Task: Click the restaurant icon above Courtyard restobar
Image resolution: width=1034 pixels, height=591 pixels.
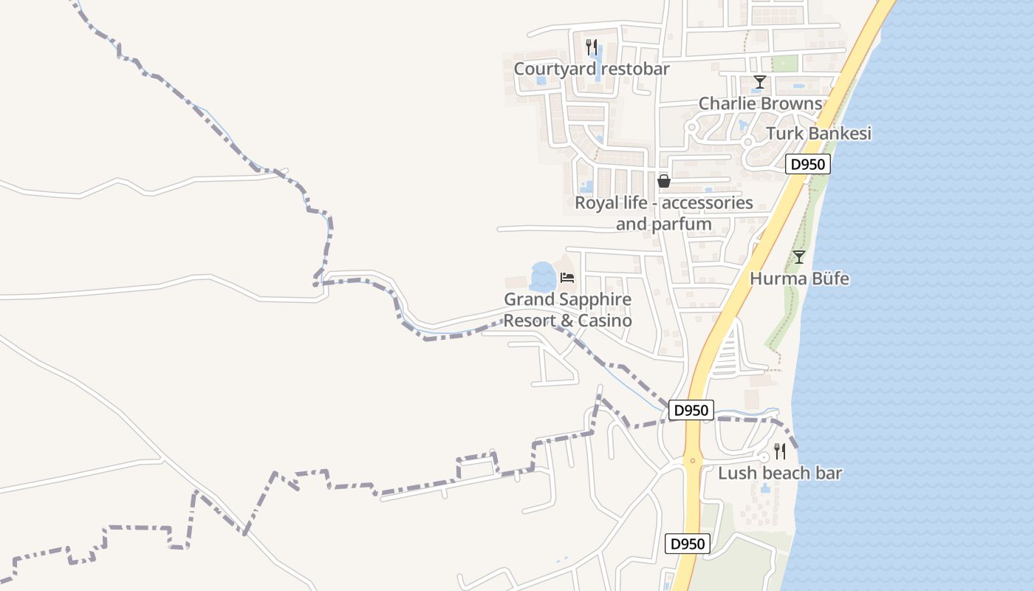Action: (x=591, y=47)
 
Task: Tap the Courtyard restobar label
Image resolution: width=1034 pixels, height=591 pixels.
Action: (x=592, y=69)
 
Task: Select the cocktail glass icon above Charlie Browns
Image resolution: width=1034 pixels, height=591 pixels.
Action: (x=759, y=82)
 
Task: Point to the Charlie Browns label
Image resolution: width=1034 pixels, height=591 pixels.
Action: (x=760, y=103)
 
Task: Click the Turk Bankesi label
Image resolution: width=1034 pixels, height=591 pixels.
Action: (x=818, y=134)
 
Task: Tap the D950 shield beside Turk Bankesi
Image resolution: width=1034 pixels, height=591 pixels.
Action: (x=807, y=164)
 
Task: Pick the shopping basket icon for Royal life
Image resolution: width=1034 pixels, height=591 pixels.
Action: (x=664, y=180)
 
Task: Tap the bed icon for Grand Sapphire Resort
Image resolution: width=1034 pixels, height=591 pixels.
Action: (x=567, y=278)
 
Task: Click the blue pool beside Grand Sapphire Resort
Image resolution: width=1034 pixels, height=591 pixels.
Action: (x=542, y=277)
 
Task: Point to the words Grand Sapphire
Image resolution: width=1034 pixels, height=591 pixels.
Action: (x=567, y=299)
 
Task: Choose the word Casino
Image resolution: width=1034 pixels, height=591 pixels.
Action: (x=606, y=321)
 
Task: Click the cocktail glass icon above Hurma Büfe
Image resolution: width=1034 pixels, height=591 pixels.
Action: (x=798, y=257)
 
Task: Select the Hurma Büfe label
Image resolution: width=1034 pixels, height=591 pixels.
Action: (x=799, y=279)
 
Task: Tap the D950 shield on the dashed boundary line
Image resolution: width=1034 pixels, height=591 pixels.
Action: (x=691, y=410)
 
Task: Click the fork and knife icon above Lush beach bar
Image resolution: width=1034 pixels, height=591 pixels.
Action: (x=779, y=451)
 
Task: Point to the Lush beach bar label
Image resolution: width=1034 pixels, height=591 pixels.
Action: (x=780, y=473)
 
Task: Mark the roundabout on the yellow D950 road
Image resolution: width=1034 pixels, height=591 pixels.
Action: (x=692, y=460)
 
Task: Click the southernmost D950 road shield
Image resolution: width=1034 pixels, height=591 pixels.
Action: (x=688, y=544)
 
